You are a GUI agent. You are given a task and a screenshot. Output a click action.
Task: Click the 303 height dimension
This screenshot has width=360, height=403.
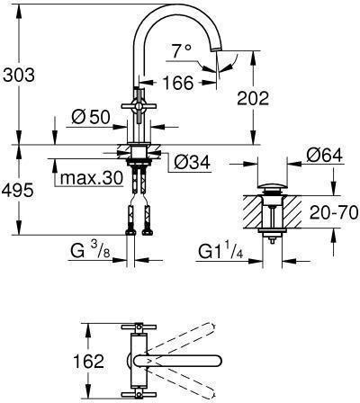[19, 75]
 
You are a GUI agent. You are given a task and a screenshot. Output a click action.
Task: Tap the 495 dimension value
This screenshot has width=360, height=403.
[17, 190]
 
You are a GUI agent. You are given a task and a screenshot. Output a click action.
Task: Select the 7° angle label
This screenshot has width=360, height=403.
[181, 51]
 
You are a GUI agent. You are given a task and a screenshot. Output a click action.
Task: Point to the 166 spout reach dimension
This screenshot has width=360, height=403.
[178, 83]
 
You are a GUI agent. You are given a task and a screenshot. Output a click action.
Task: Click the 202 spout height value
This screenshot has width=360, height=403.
[253, 98]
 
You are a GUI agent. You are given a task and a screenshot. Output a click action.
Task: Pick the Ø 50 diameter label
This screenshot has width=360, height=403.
[91, 117]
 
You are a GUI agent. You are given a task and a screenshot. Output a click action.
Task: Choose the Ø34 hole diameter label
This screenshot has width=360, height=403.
[192, 163]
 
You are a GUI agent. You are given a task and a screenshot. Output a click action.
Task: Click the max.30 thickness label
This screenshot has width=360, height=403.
[92, 178]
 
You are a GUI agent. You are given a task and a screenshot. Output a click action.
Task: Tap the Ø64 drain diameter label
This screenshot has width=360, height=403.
[324, 156]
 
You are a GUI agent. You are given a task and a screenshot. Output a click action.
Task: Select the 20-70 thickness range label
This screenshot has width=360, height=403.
[334, 212]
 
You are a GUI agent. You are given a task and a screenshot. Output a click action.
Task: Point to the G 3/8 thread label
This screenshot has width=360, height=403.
[90, 251]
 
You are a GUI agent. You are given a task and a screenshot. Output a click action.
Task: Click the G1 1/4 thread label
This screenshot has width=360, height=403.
[220, 253]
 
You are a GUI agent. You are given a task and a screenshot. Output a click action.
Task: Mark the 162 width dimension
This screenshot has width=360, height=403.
[89, 361]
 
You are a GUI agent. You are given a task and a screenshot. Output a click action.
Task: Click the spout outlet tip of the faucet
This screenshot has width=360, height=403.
[217, 49]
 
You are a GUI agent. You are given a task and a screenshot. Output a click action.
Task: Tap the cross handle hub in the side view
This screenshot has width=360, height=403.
[139, 106]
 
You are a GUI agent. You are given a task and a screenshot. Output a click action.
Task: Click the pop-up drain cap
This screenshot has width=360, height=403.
[273, 186]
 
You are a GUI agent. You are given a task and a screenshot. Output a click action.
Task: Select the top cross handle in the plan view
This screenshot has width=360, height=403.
[139, 327]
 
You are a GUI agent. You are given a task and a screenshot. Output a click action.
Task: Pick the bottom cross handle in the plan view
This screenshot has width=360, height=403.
[139, 395]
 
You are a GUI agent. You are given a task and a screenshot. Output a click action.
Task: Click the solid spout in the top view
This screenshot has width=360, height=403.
[177, 361]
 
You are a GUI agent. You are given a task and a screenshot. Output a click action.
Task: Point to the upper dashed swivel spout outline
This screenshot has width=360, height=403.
[180, 338]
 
